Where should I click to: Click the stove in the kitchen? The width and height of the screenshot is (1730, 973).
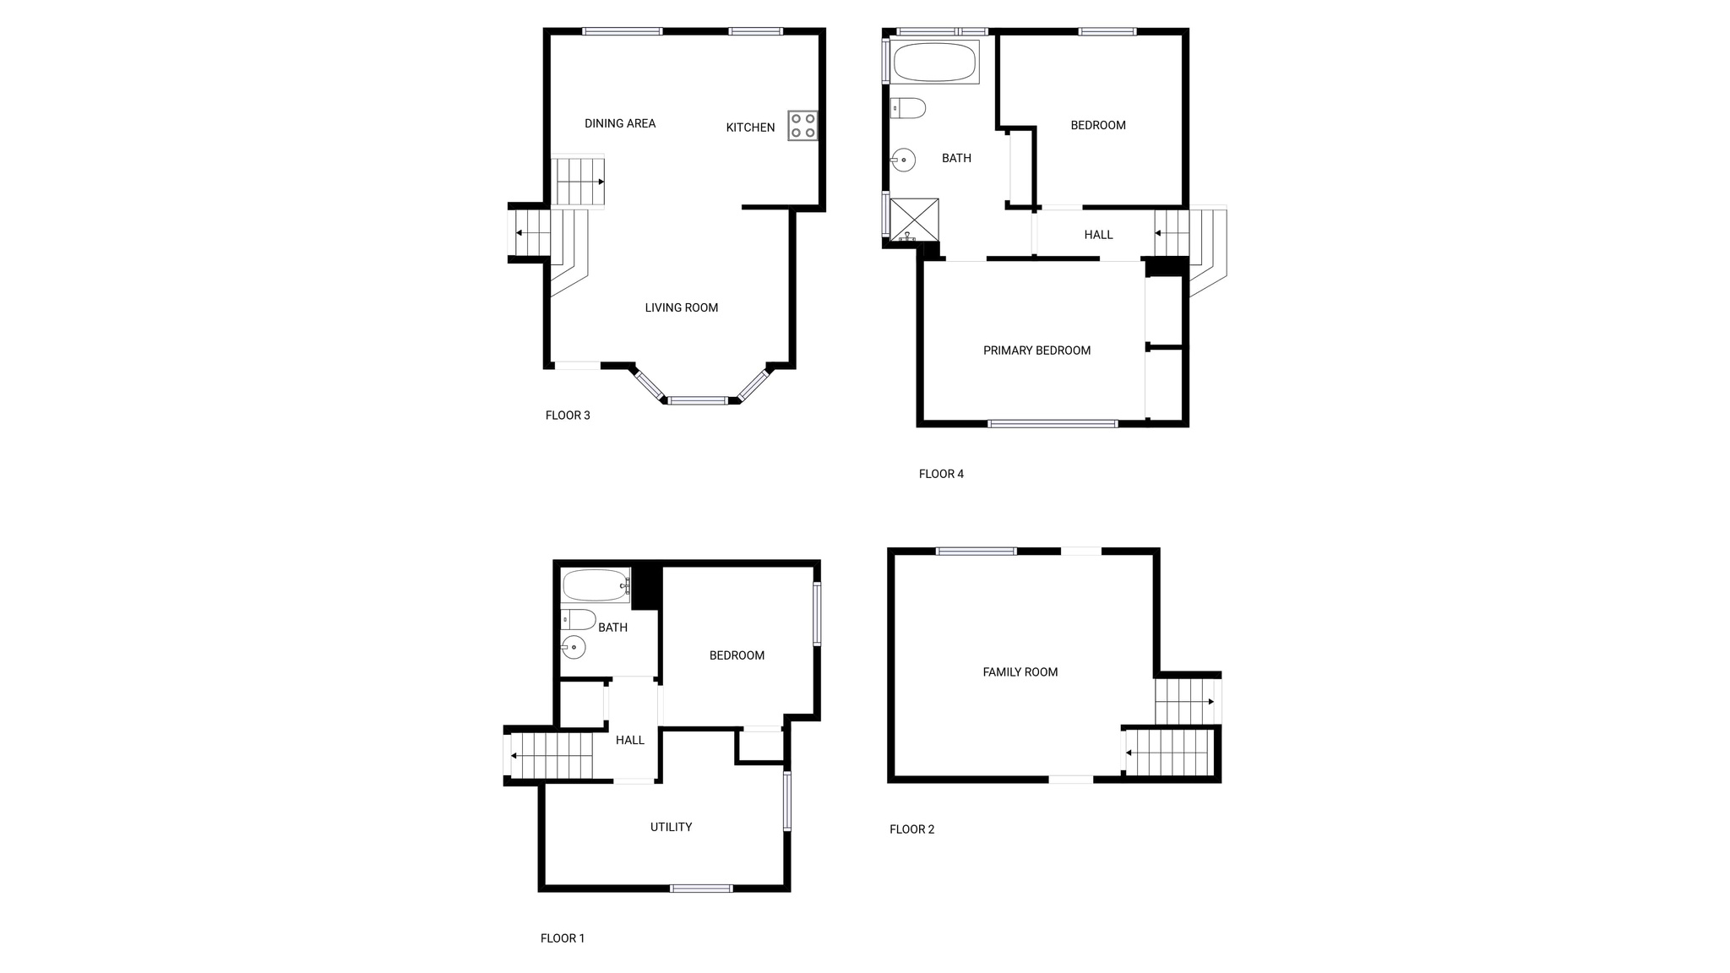802,126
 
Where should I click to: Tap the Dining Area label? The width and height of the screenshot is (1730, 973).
620,123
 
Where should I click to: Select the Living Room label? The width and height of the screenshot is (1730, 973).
682,307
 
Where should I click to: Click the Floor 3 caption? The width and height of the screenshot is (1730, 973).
568,416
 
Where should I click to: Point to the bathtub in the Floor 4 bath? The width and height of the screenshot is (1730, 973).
934,62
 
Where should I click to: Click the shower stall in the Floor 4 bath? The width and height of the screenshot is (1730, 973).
914,220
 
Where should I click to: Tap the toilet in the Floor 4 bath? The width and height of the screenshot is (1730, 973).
908,108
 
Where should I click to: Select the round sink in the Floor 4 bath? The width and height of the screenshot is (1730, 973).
903,160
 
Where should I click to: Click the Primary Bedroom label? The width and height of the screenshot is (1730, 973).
1036,351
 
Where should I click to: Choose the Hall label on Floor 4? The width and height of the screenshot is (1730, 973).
1098,235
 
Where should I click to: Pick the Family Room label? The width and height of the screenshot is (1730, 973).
1020,672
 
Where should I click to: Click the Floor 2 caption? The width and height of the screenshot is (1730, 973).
912,829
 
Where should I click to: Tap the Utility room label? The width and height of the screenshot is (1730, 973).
671,827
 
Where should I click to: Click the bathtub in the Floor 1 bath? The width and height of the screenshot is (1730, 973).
596,584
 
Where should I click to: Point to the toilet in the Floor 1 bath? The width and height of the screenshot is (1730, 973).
579,619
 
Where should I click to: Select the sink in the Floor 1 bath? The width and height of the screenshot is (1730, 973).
574,648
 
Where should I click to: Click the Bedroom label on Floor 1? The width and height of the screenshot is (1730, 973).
737,655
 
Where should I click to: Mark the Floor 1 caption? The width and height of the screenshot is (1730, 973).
563,938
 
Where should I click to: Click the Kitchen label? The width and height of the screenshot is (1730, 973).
750,128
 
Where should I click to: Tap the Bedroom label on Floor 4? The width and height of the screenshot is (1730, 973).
1098,125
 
